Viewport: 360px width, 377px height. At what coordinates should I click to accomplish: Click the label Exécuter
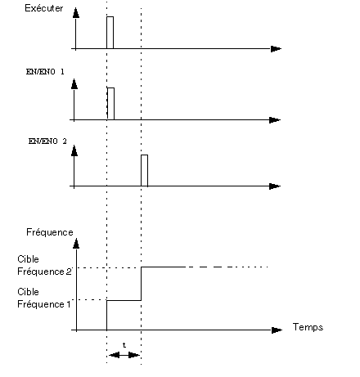click(x=44, y=8)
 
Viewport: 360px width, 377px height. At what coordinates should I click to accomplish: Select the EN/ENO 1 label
click(x=45, y=72)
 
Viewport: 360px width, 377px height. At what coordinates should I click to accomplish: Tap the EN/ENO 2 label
click(x=47, y=141)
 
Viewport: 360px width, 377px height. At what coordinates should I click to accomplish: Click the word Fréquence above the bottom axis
click(x=50, y=232)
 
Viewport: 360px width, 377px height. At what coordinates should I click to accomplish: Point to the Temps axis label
click(x=308, y=327)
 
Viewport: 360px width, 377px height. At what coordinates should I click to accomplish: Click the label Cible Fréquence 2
click(x=44, y=265)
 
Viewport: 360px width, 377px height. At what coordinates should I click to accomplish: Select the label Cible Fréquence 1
click(x=44, y=298)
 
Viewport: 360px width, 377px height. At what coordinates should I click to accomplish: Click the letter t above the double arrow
click(x=124, y=345)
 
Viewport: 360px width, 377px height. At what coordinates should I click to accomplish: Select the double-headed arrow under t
click(x=124, y=355)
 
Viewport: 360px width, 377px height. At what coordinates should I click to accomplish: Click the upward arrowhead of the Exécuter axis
click(x=76, y=13)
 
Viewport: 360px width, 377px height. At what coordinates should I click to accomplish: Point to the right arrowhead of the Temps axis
click(x=277, y=330)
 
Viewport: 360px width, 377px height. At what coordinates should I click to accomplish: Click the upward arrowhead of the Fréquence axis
click(x=76, y=244)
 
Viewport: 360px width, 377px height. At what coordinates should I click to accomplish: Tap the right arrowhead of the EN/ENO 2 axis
click(x=275, y=186)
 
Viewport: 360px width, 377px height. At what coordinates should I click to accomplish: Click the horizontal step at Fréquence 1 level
click(x=124, y=300)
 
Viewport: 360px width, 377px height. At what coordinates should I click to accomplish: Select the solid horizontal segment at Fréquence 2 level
click(x=163, y=267)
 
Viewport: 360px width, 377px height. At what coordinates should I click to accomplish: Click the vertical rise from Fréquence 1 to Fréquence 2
click(x=141, y=284)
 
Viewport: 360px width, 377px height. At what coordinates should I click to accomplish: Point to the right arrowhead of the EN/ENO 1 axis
click(x=275, y=120)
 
